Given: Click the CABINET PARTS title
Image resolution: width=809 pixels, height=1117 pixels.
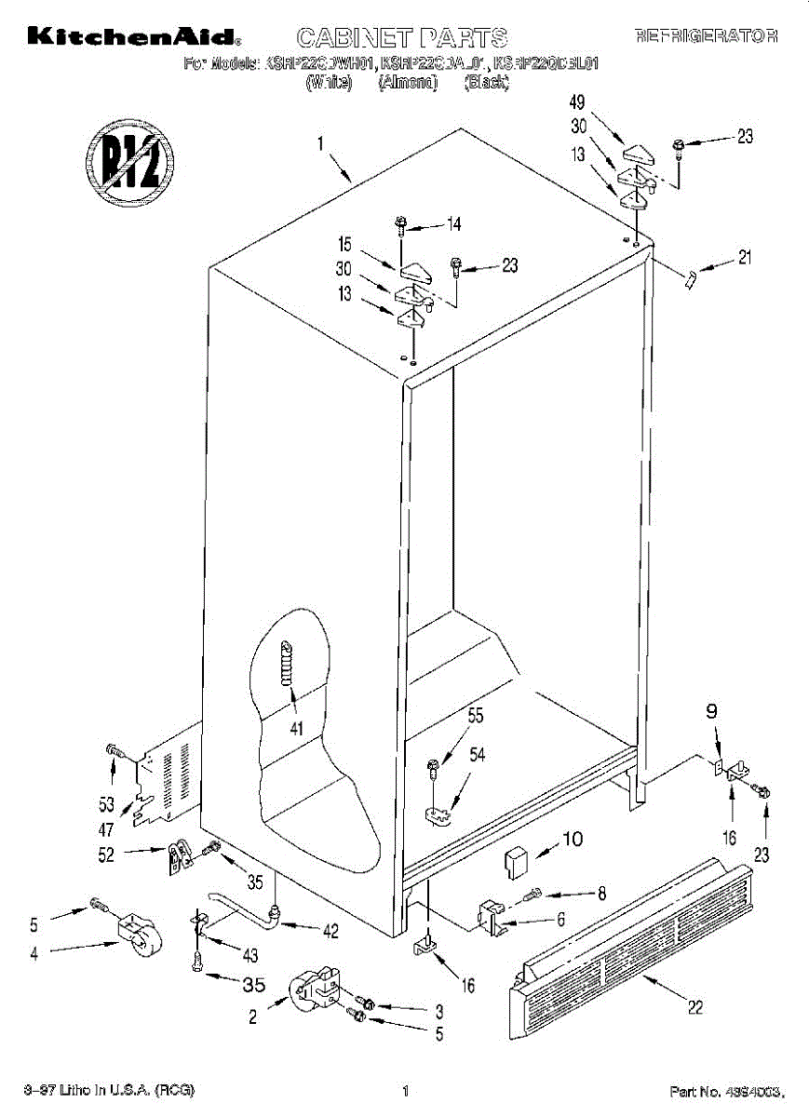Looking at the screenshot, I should [x=401, y=38].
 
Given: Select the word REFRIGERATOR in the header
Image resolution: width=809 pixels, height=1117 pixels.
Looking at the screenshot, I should [x=706, y=37].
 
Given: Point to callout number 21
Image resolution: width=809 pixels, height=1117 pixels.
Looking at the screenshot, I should [x=745, y=258].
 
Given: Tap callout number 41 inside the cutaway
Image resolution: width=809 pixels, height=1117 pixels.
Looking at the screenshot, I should [x=296, y=729].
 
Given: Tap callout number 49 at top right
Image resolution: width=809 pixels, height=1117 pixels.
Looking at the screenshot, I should [x=577, y=103].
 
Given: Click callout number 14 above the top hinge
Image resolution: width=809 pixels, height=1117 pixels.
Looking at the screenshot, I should [x=453, y=223].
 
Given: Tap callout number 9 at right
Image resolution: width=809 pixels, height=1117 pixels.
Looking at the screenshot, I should [x=710, y=714].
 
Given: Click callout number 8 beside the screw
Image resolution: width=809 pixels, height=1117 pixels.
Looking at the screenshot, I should [x=601, y=894].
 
